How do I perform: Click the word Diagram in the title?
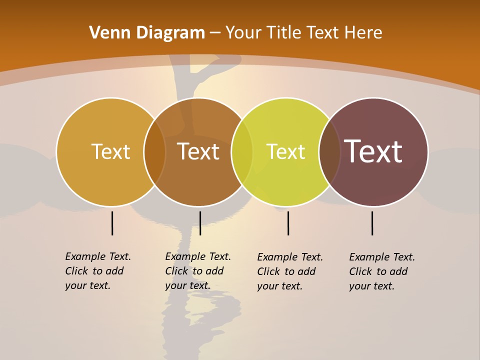click(169, 33)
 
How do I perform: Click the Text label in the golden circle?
click(110, 151)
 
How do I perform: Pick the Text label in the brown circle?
click(198, 151)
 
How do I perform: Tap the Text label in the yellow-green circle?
click(285, 151)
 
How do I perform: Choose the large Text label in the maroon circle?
click(373, 151)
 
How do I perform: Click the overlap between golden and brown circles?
click(154, 152)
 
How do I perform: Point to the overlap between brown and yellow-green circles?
click(242, 152)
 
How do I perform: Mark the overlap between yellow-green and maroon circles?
click(329, 152)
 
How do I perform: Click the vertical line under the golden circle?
click(112, 223)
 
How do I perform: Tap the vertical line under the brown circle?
click(200, 223)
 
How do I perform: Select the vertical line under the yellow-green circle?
click(288, 223)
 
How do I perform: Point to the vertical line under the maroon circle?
click(372, 223)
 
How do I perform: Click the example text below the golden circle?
click(97, 271)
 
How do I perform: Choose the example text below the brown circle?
click(197, 271)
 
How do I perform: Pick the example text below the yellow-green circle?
click(289, 271)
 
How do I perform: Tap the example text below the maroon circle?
click(381, 271)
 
